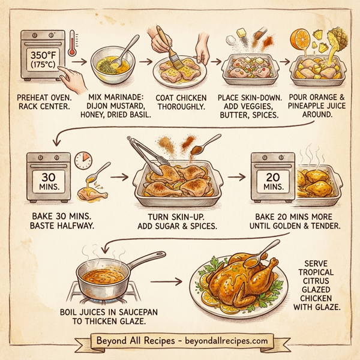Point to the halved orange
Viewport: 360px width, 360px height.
(x=298, y=38)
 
